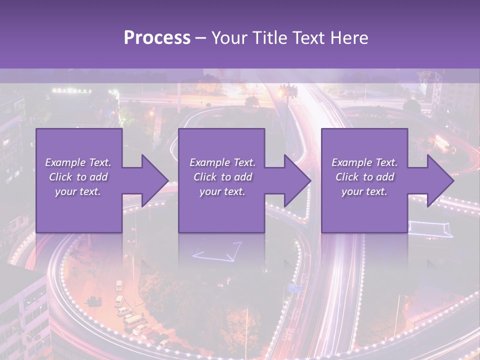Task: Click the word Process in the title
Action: (x=157, y=38)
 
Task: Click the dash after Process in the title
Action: (x=201, y=38)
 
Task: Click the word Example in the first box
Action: (x=65, y=162)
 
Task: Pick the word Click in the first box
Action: (x=61, y=177)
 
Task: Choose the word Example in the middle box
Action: (x=209, y=162)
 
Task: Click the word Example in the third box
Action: (x=351, y=162)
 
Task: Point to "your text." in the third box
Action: (x=364, y=191)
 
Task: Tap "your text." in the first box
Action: (x=78, y=191)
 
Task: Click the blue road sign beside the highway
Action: (x=295, y=288)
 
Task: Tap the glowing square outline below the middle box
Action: (x=217, y=251)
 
